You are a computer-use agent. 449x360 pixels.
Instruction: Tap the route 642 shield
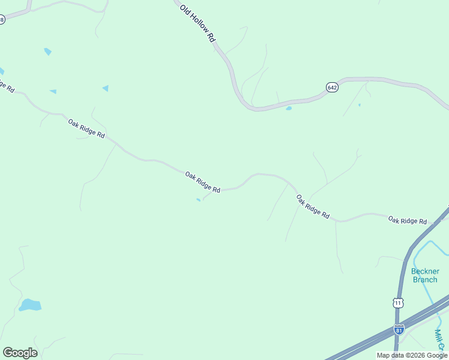[x=332, y=88]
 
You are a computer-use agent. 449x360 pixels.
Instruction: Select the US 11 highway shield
[x=399, y=303]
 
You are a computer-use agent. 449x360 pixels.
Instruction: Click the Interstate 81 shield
[x=400, y=329]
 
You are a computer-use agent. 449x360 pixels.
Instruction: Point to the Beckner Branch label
[x=425, y=275]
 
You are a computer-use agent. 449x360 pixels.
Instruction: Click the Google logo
[x=20, y=353]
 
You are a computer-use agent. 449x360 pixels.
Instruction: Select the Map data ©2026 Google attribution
[x=412, y=355]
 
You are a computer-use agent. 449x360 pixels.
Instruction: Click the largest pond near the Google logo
[x=30, y=305]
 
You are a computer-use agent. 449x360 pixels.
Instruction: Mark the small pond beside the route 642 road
[x=289, y=109]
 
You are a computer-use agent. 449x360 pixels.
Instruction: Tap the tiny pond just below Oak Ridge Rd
[x=198, y=200]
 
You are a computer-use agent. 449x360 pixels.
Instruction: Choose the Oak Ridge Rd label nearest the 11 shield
[x=407, y=221]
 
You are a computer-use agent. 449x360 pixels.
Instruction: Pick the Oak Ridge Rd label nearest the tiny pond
[x=202, y=182]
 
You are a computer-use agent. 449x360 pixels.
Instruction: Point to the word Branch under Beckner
[x=425, y=280]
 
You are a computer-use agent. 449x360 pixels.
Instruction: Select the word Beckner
[x=425, y=271]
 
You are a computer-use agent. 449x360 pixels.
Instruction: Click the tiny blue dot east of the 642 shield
[x=360, y=105]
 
